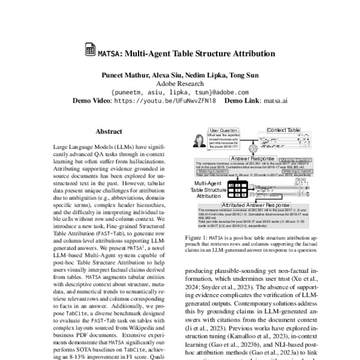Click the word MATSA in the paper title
108,53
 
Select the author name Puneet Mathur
116,76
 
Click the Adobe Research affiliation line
180,84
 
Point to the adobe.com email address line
180,92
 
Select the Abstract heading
108,130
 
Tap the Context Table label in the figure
283,130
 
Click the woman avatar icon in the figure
197,142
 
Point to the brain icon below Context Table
259,148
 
